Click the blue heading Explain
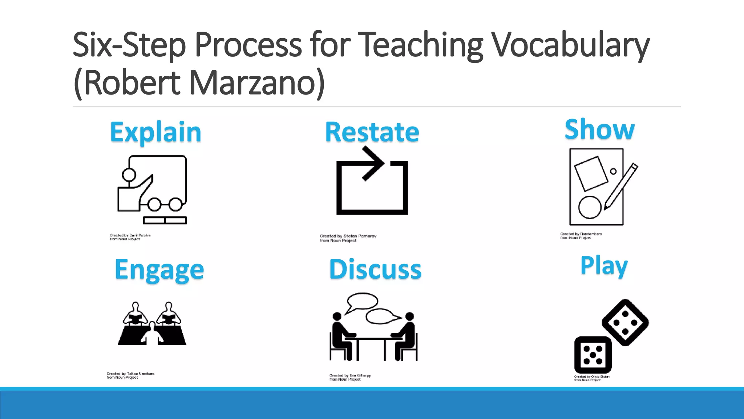pyautogui.click(x=155, y=132)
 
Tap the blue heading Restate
pyautogui.click(x=372, y=132)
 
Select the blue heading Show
pyautogui.click(x=599, y=129)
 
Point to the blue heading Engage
pyautogui.click(x=159, y=270)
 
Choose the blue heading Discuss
pyautogui.click(x=375, y=270)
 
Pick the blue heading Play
pyautogui.click(x=604, y=266)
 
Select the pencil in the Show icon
pyautogui.click(x=620, y=186)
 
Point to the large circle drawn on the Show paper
pyautogui.click(x=590, y=207)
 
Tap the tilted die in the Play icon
pyautogui.click(x=625, y=322)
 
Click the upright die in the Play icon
pyautogui.click(x=593, y=355)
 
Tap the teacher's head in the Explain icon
pyautogui.click(x=129, y=175)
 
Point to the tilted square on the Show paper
pyautogui.click(x=591, y=173)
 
